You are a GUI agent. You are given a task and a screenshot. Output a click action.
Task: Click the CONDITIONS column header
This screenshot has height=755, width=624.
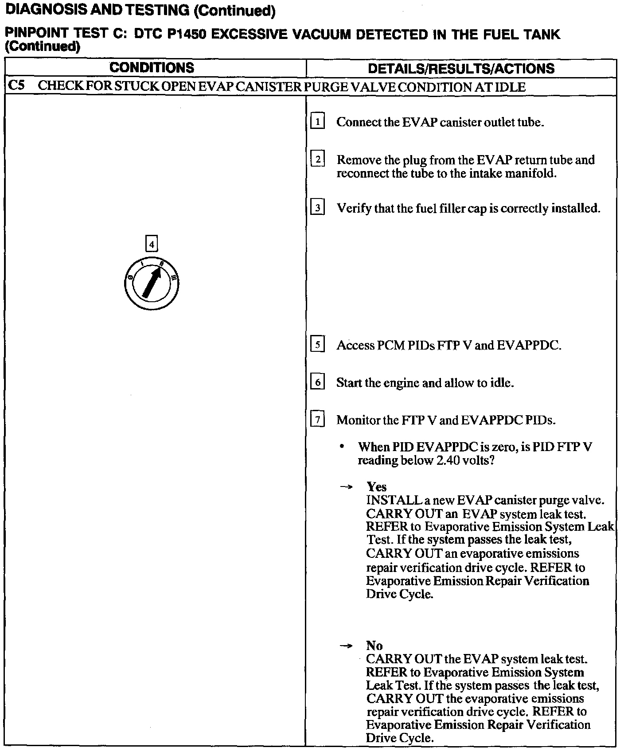tap(152, 68)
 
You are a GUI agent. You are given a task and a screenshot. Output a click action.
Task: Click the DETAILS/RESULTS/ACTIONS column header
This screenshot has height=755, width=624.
tap(461, 68)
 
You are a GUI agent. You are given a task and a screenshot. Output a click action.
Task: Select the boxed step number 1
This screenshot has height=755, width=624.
tap(318, 121)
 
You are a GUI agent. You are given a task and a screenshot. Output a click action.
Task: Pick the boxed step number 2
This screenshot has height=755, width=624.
tap(318, 159)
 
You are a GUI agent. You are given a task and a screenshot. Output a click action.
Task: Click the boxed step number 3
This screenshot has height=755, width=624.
tap(318, 207)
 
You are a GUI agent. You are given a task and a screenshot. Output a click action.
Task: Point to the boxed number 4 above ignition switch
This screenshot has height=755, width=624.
tap(152, 244)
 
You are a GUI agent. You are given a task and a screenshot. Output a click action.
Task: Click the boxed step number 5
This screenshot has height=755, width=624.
tap(318, 344)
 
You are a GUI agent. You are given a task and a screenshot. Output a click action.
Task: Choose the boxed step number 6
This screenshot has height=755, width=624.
tap(318, 382)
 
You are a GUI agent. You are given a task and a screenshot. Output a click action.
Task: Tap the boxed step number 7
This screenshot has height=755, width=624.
tap(318, 419)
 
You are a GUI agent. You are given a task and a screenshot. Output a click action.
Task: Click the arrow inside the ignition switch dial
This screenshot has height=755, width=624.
tap(152, 282)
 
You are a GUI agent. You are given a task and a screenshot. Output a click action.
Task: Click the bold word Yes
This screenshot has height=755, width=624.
tap(376, 487)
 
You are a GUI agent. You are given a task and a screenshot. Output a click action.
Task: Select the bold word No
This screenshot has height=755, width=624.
tap(374, 646)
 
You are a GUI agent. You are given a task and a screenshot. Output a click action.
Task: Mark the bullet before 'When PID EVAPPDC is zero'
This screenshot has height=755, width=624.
tap(342, 447)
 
